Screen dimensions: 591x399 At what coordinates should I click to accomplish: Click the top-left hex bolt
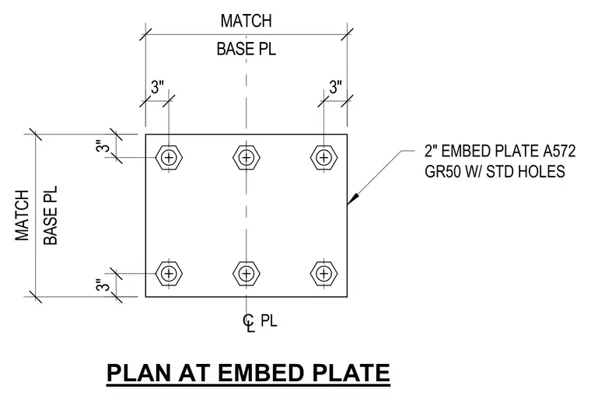tap(169, 157)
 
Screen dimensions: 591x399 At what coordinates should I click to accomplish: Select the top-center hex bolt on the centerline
tap(247, 157)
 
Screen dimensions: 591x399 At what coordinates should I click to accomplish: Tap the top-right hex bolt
tap(323, 157)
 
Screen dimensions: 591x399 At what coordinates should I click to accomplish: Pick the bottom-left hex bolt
tap(169, 273)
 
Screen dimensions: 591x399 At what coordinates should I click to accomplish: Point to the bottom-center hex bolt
tap(247, 273)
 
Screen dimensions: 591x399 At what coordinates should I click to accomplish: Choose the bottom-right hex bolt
tap(323, 273)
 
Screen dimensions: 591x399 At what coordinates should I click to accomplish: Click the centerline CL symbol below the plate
tap(249, 323)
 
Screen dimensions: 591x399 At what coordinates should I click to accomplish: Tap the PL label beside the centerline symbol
tap(269, 321)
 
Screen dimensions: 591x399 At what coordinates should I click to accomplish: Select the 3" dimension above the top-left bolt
tap(158, 87)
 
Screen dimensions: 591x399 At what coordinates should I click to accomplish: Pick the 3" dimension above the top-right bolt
tap(335, 87)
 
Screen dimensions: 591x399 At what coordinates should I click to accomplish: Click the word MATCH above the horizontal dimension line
tap(247, 21)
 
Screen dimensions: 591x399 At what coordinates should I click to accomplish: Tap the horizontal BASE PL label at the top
tap(247, 49)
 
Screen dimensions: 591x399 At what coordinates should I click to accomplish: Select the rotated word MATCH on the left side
tap(23, 215)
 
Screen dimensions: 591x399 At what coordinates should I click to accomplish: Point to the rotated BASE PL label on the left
tap(51, 215)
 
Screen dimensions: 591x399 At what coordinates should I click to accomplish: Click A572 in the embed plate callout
tap(559, 151)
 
